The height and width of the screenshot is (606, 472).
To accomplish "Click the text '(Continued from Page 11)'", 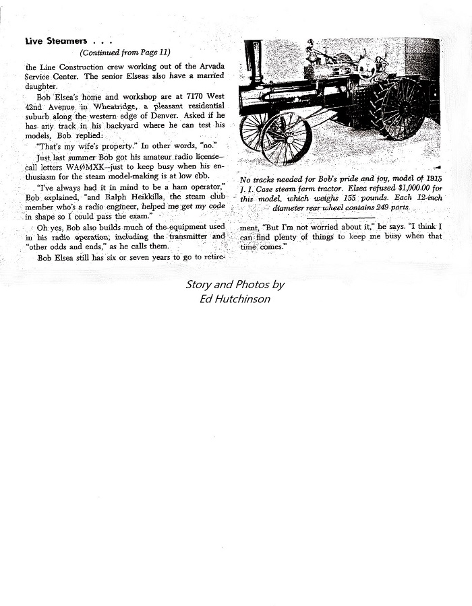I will coord(125,53).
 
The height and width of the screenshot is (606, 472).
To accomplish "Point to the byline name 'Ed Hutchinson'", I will coord(235,298).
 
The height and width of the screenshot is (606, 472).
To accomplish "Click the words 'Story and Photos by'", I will coord(235,285).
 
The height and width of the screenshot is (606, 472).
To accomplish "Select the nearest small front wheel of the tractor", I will coord(286,140).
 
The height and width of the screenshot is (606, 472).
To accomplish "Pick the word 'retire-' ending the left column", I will coord(211,257).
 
